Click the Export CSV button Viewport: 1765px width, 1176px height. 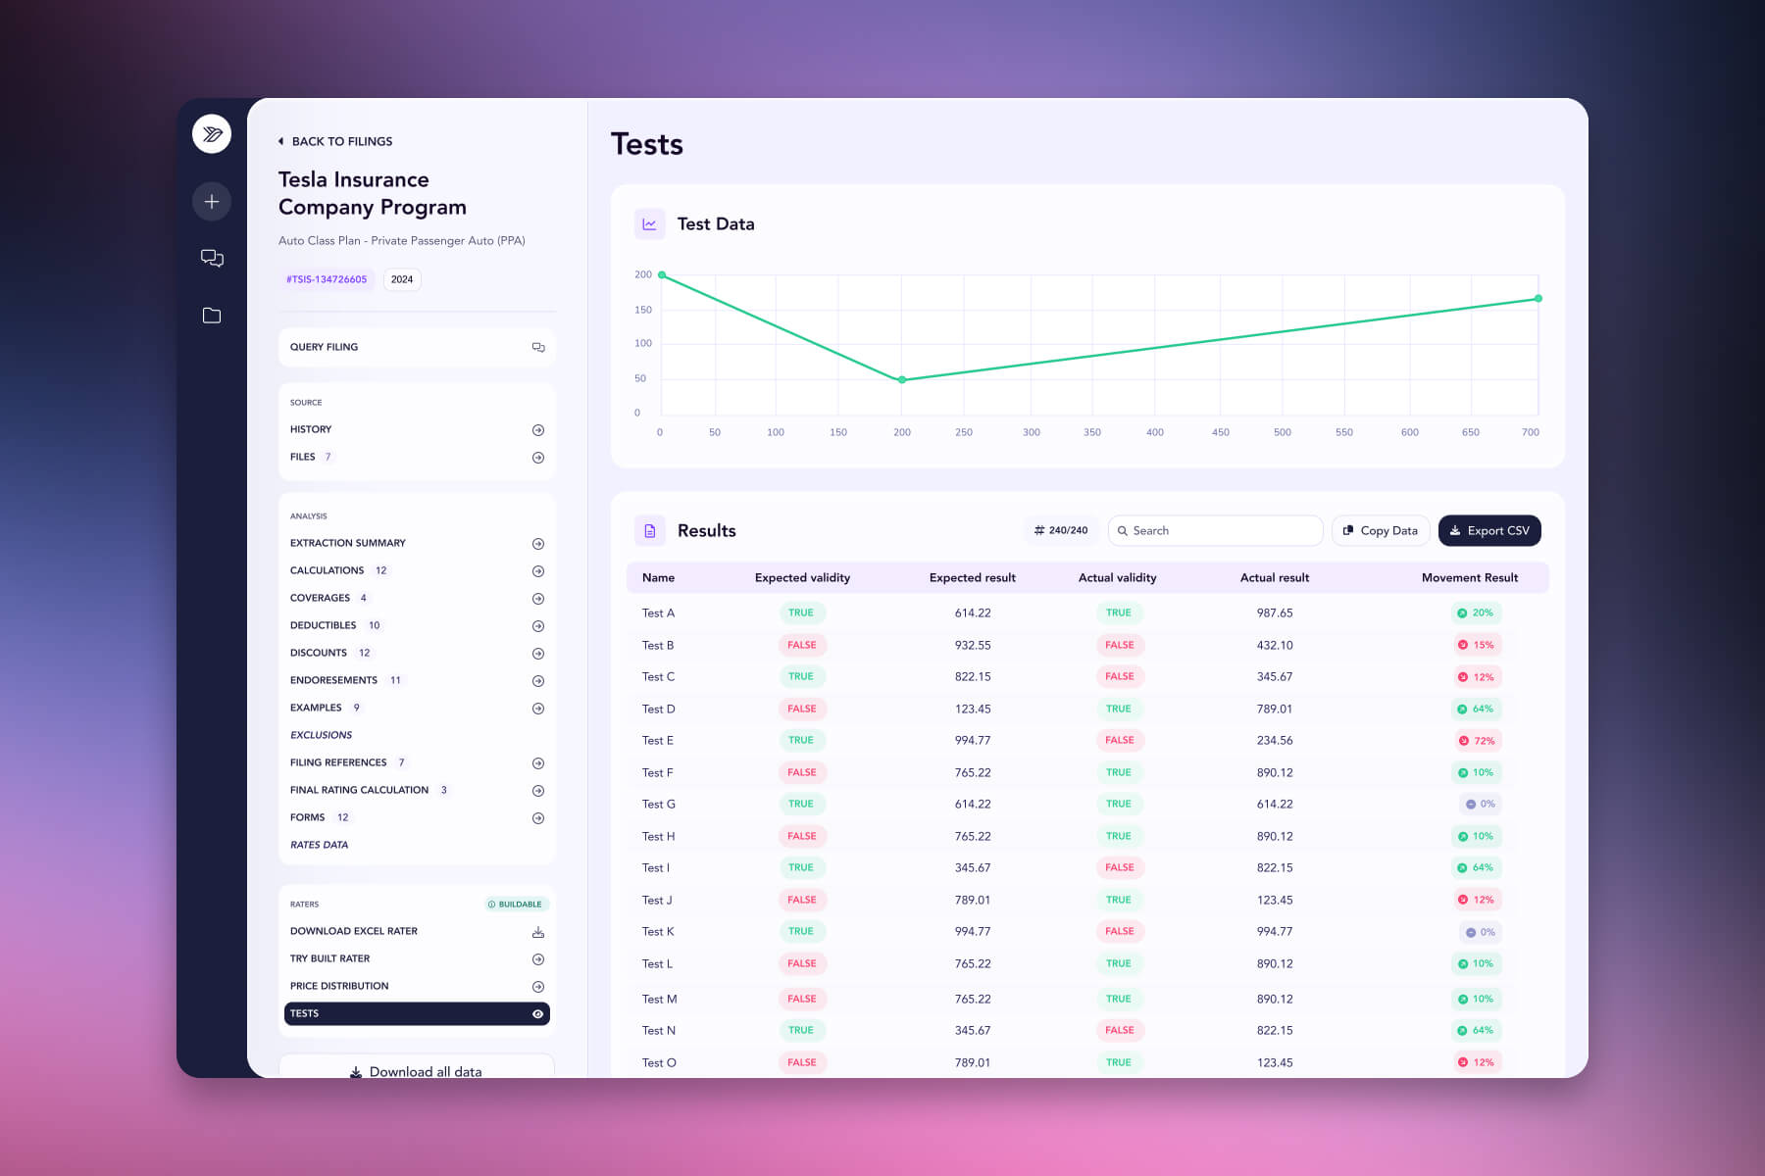pos(1488,530)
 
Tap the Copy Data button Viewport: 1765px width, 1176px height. pos(1380,530)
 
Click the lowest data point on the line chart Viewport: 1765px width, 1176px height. pos(902,379)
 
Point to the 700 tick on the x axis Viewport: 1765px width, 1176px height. pos(1530,432)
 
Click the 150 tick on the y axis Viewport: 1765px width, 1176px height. pos(643,310)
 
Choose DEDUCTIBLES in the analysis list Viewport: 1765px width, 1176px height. pos(324,625)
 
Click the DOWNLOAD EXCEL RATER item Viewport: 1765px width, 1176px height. pos(354,931)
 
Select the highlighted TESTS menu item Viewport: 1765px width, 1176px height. pos(417,1013)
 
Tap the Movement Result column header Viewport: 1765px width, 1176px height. pos(1469,577)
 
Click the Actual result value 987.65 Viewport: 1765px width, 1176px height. pos(1275,612)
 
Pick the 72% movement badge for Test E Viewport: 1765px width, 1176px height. pos(1477,741)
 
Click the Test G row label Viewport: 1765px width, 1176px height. pos(658,804)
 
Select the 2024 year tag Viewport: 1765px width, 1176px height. pos(402,279)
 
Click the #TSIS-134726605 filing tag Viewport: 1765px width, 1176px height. pos(327,279)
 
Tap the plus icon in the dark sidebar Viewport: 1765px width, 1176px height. pos(212,202)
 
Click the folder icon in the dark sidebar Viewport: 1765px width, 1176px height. pos(212,316)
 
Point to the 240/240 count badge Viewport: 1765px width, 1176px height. pos(1061,530)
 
